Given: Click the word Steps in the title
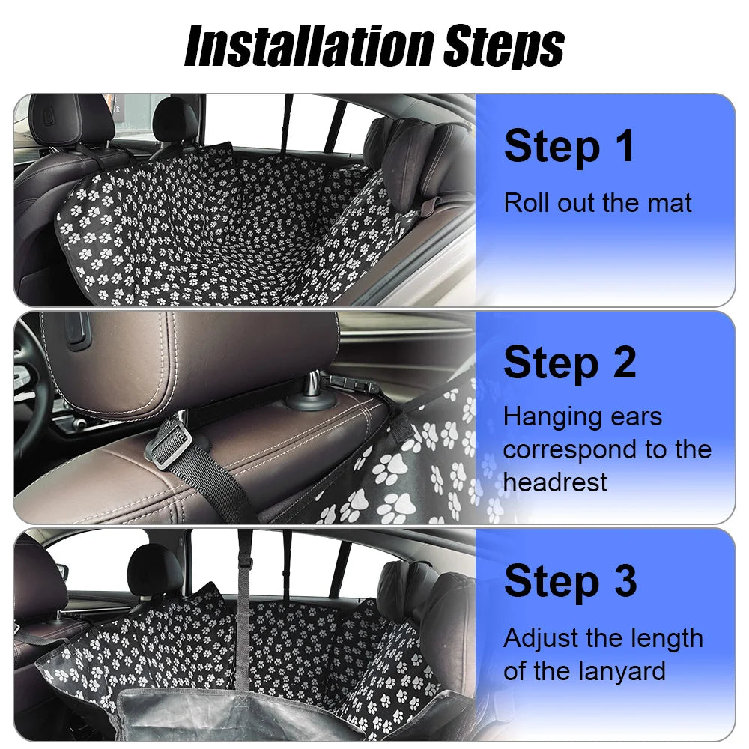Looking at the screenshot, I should [x=503, y=46].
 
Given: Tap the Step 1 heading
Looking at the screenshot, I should [x=569, y=146].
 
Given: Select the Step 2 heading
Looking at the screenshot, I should [x=569, y=363].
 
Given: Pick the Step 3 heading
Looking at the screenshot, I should [x=570, y=580].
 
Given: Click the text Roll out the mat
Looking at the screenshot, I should [x=598, y=203].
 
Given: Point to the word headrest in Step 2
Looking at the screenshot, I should [x=555, y=482].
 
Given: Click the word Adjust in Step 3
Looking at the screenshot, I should [x=539, y=639].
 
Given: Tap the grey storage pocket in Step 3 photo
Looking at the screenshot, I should [x=247, y=712].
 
